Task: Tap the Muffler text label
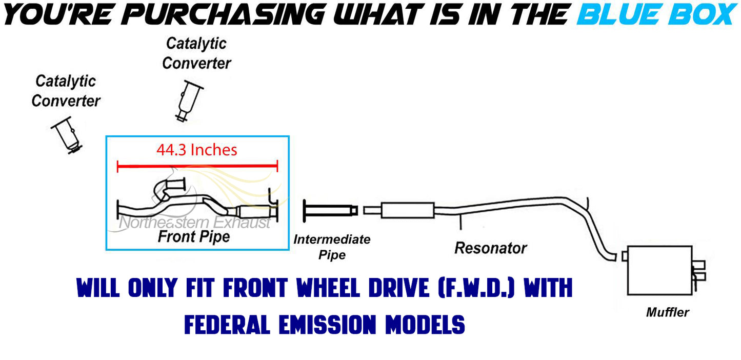pos(667,312)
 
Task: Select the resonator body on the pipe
pos(408,210)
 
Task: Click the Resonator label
pos(490,248)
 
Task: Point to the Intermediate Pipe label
pos(332,247)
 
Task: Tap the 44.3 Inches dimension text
pos(196,150)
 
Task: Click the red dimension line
pos(197,166)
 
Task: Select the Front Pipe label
pos(193,237)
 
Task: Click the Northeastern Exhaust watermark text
pos(194,223)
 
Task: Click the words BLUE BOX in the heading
pos(656,15)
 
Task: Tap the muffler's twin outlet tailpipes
pos(698,270)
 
